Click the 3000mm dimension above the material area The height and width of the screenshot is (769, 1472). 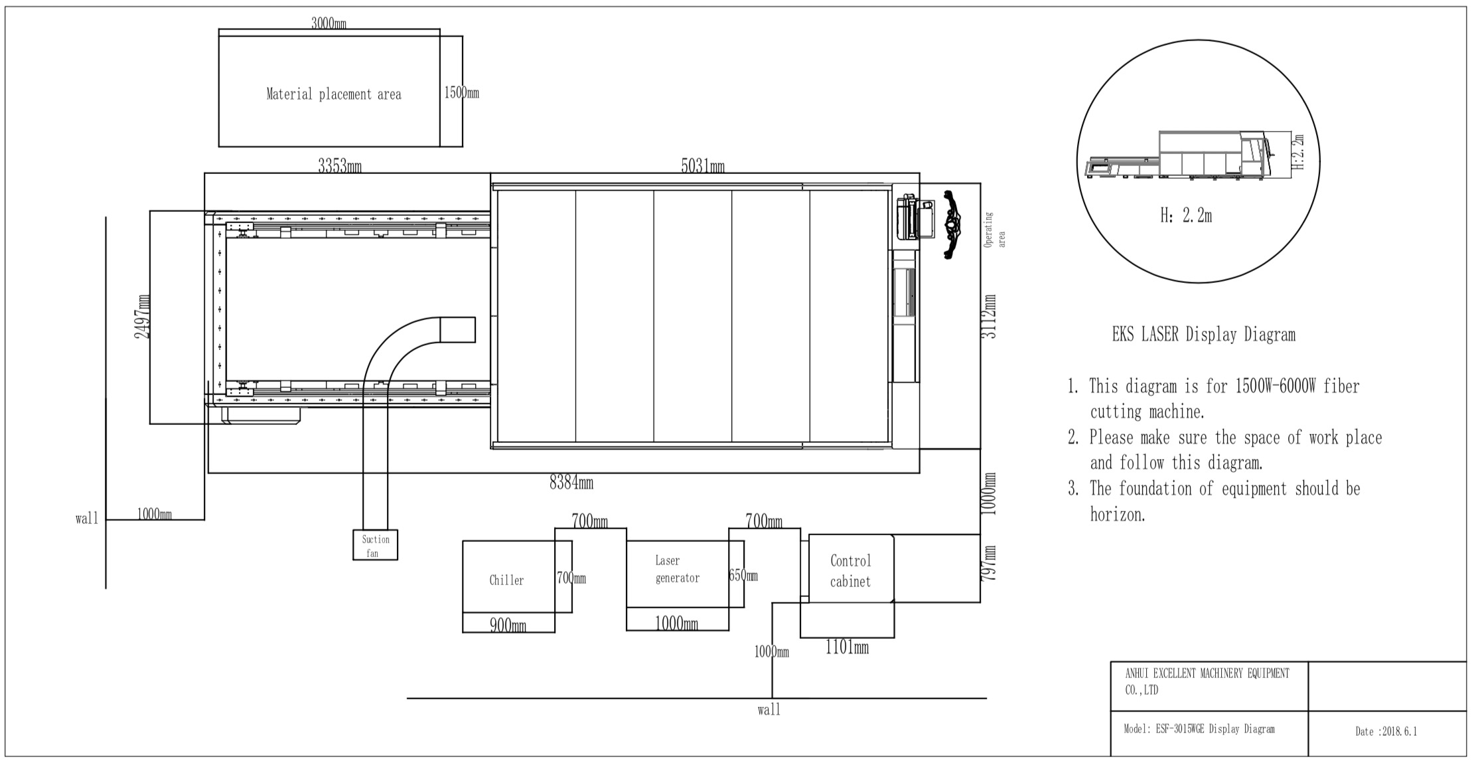pos(329,24)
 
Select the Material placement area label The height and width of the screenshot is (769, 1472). pos(334,94)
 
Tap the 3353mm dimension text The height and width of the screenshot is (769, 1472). pos(340,166)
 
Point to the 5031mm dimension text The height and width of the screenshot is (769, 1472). pos(703,166)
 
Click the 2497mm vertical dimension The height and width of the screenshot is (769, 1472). pos(142,317)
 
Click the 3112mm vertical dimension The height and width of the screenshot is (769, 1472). pos(989,317)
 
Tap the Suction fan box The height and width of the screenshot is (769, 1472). pos(375,545)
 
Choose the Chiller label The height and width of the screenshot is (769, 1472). pos(506,580)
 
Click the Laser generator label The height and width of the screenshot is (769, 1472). pos(677,570)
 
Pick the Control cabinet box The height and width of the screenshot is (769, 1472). pos(851,570)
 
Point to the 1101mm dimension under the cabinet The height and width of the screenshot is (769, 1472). pos(847,647)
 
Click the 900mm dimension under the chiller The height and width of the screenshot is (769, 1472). pos(508,625)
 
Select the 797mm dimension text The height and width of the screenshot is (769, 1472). pos(989,564)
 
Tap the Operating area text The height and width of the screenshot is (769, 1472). pos(994,230)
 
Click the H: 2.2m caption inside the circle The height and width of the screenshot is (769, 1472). pos(1186,216)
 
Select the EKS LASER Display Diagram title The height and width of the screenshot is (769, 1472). pos(1203,335)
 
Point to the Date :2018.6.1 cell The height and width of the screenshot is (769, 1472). pos(1386,732)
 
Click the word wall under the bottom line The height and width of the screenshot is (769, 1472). pos(769,710)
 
